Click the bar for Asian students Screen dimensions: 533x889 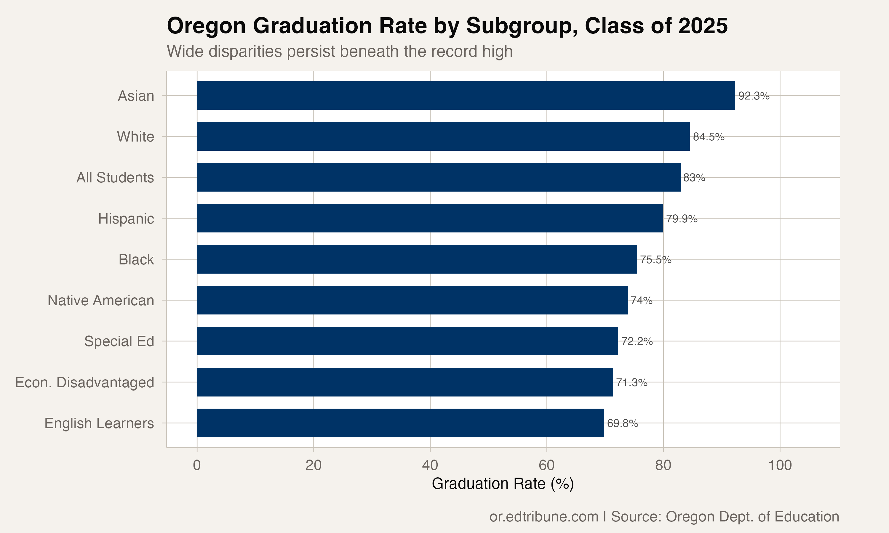[x=466, y=96]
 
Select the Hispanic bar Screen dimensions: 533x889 [x=430, y=218]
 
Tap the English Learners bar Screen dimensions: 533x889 [x=400, y=423]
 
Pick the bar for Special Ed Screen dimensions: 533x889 [x=407, y=341]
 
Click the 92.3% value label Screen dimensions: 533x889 [x=754, y=96]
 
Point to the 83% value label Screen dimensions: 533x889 [x=694, y=178]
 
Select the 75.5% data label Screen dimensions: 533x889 [x=655, y=260]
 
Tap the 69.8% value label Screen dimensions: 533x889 [x=622, y=424]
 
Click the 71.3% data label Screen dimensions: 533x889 [x=631, y=383]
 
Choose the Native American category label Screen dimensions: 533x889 [x=101, y=301]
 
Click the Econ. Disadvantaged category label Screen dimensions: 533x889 [x=84, y=383]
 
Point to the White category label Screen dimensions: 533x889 [x=135, y=137]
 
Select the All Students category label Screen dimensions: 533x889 [x=115, y=178]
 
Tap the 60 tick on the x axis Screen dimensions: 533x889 [x=546, y=465]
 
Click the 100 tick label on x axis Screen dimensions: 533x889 [x=780, y=465]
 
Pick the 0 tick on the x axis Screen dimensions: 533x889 [x=197, y=465]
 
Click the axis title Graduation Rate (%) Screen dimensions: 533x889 [x=503, y=484]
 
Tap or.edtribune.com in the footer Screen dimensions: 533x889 [x=544, y=517]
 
